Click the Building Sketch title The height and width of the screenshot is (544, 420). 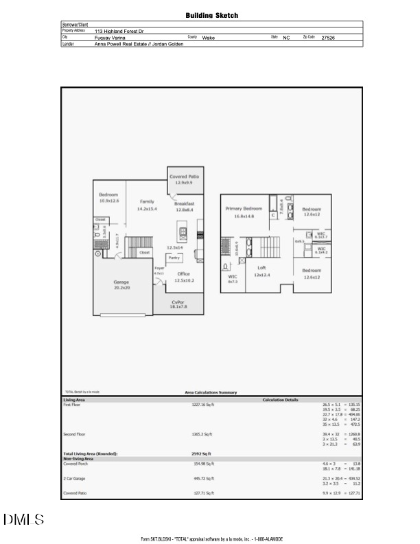click(x=212, y=15)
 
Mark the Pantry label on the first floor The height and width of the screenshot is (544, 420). click(x=174, y=258)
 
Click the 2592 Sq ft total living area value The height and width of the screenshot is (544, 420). click(x=202, y=454)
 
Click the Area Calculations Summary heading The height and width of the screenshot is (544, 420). click(x=211, y=392)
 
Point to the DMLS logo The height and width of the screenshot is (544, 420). click(x=23, y=520)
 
